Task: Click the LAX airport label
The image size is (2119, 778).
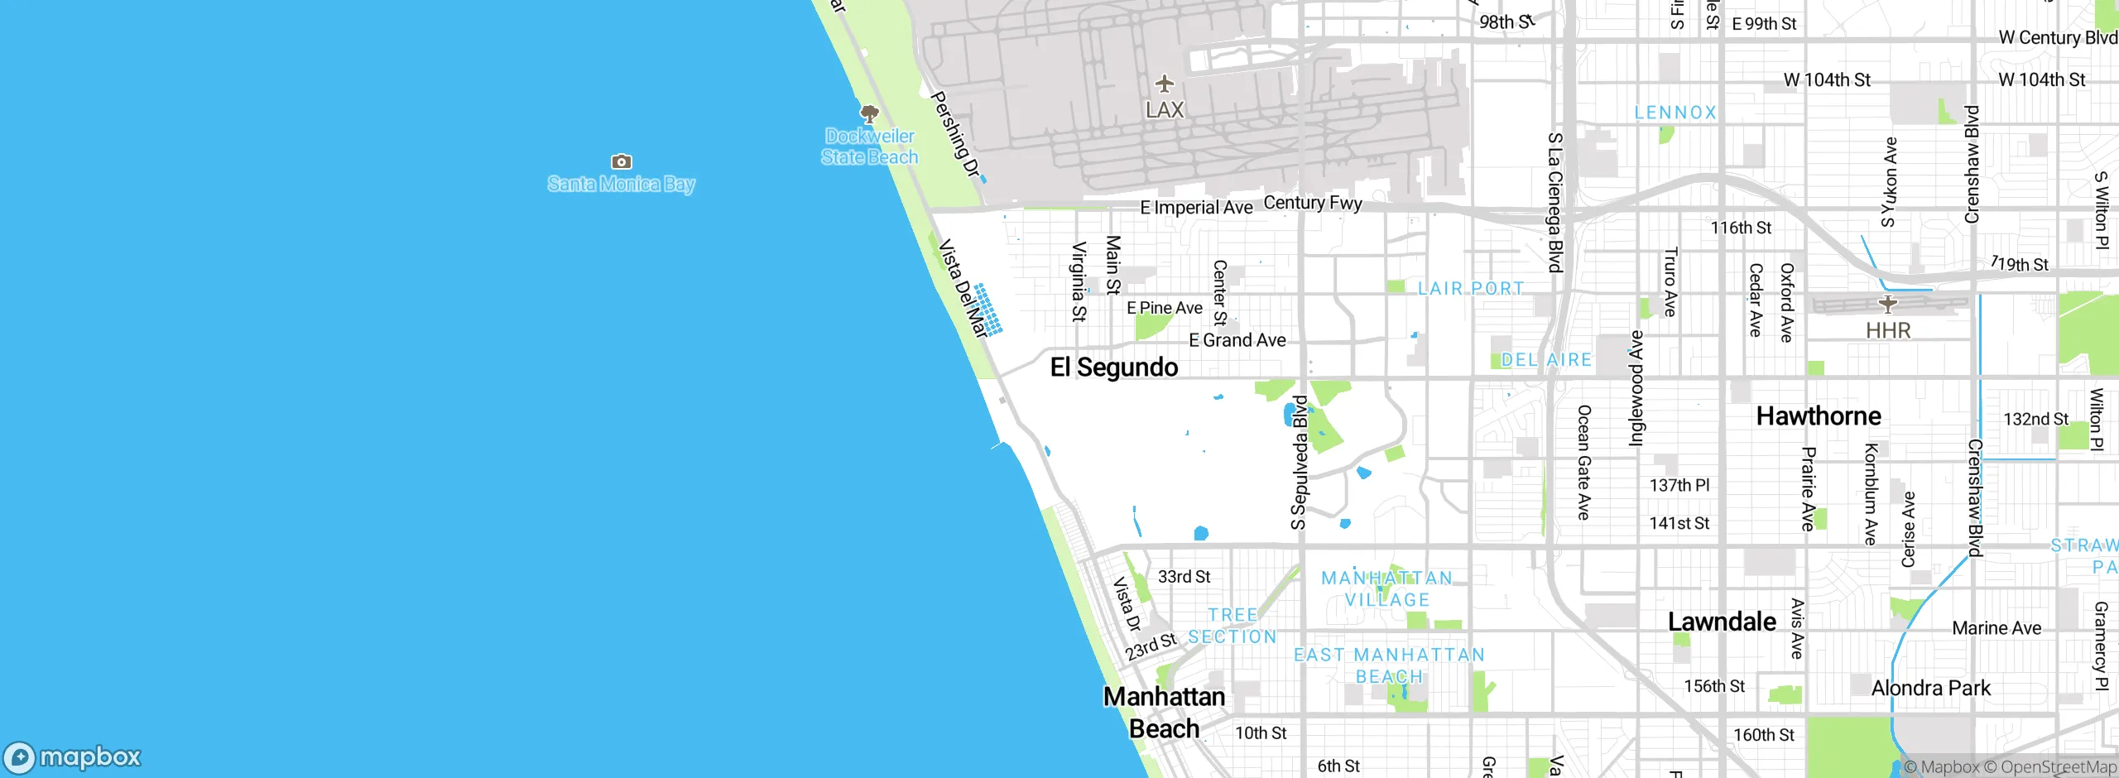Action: [x=1165, y=109]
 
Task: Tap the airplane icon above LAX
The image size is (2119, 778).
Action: [x=1165, y=84]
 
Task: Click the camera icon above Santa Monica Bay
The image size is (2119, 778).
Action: [x=621, y=161]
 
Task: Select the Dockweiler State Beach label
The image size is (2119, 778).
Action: [x=870, y=146]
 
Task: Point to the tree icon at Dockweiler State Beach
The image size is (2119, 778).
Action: [x=869, y=113]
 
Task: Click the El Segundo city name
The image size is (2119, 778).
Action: [x=1113, y=367]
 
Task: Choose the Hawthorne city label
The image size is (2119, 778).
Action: [x=1819, y=415]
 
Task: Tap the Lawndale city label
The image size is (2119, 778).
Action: [x=1722, y=622]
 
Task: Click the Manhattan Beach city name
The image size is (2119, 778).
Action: [x=1165, y=712]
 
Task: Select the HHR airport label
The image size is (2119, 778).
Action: [x=1888, y=330]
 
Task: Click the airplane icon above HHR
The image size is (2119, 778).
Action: [x=1888, y=304]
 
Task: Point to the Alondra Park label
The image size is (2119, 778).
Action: [x=1931, y=688]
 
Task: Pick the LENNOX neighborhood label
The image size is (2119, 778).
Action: [x=1675, y=113]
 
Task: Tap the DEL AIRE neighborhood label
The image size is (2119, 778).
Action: [x=1546, y=360]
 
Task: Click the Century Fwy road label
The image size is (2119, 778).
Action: [x=1313, y=203]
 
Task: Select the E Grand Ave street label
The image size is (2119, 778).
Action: [x=1237, y=340]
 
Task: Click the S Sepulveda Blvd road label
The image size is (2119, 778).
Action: [x=1300, y=463]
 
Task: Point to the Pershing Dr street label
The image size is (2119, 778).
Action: [x=955, y=134]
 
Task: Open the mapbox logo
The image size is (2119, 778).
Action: [x=73, y=756]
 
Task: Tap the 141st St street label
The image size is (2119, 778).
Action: [x=1679, y=523]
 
